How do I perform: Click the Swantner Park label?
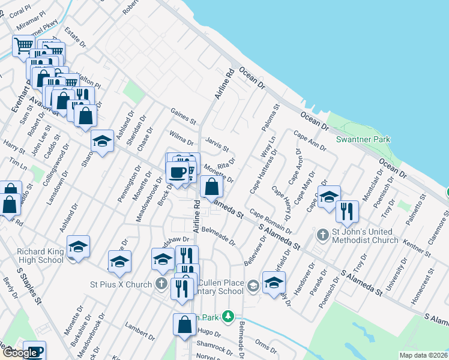tap(363, 140)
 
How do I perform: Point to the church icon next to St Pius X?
tap(161, 283)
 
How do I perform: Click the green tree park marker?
tap(228, 316)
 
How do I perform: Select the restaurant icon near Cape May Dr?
tap(347, 211)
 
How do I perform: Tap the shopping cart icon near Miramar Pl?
tap(23, 45)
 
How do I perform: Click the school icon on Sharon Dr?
tap(103, 141)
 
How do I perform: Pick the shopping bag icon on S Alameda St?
tap(212, 187)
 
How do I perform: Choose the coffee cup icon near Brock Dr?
tap(177, 172)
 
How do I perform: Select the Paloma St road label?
tap(272, 119)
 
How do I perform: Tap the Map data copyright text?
tap(423, 355)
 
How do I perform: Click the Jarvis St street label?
tap(217, 145)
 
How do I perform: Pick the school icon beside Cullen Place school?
tap(274, 281)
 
